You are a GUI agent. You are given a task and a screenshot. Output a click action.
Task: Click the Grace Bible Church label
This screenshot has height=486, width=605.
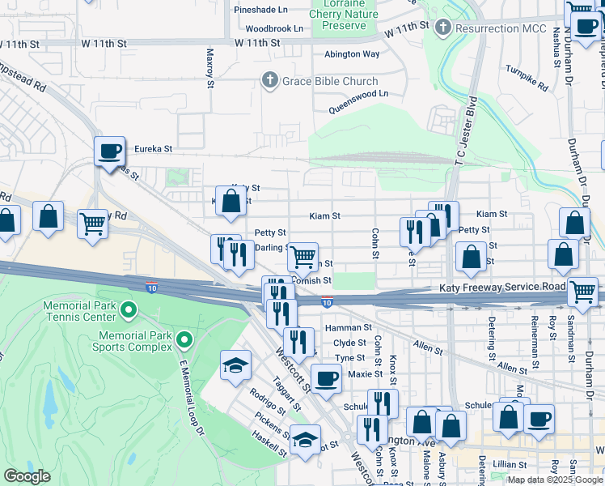tap(328, 81)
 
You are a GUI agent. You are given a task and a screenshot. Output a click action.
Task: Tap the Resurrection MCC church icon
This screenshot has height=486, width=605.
tap(442, 28)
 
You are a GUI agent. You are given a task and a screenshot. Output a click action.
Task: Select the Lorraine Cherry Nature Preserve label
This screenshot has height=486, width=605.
tap(344, 15)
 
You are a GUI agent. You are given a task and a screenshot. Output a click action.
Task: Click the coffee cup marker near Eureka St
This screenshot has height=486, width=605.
tap(109, 151)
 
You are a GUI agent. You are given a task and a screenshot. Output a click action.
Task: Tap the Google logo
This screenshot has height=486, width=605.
tap(27, 476)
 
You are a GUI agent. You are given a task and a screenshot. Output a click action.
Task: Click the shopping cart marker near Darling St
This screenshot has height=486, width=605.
tap(302, 257)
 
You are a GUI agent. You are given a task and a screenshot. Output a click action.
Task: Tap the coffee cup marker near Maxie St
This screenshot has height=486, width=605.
tap(326, 378)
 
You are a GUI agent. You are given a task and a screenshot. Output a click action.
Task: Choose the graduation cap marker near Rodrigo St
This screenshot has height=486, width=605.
tap(235, 365)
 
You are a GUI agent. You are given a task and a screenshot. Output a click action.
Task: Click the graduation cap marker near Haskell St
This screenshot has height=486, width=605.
tap(304, 440)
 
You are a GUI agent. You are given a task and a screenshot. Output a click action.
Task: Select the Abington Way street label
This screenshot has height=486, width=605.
tap(352, 54)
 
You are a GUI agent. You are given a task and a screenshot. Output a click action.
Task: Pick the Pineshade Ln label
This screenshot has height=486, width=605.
tap(260, 11)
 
